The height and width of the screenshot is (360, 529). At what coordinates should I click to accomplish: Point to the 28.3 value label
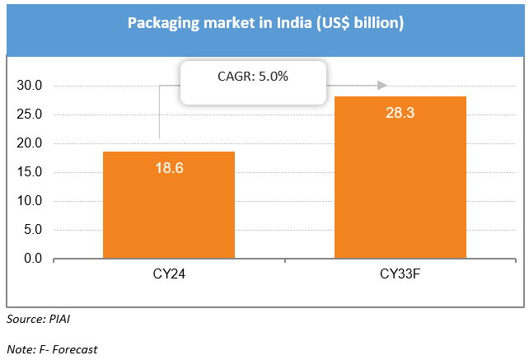click(x=400, y=111)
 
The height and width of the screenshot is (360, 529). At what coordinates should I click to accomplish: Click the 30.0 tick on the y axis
click(x=30, y=86)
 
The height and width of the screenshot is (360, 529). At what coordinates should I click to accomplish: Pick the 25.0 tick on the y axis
click(x=30, y=115)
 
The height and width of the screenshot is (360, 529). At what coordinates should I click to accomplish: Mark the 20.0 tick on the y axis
click(x=30, y=143)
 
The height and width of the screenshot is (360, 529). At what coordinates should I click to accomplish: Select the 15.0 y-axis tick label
click(x=30, y=172)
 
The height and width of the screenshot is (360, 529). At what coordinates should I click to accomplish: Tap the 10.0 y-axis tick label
click(x=30, y=201)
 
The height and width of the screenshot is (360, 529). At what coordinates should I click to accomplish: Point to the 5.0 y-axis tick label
click(x=34, y=230)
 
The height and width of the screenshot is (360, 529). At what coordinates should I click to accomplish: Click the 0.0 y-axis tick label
click(x=34, y=259)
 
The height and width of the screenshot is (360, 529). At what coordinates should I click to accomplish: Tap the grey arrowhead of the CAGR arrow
click(x=382, y=85)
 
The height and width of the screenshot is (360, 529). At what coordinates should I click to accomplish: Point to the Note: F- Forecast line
click(x=51, y=349)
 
